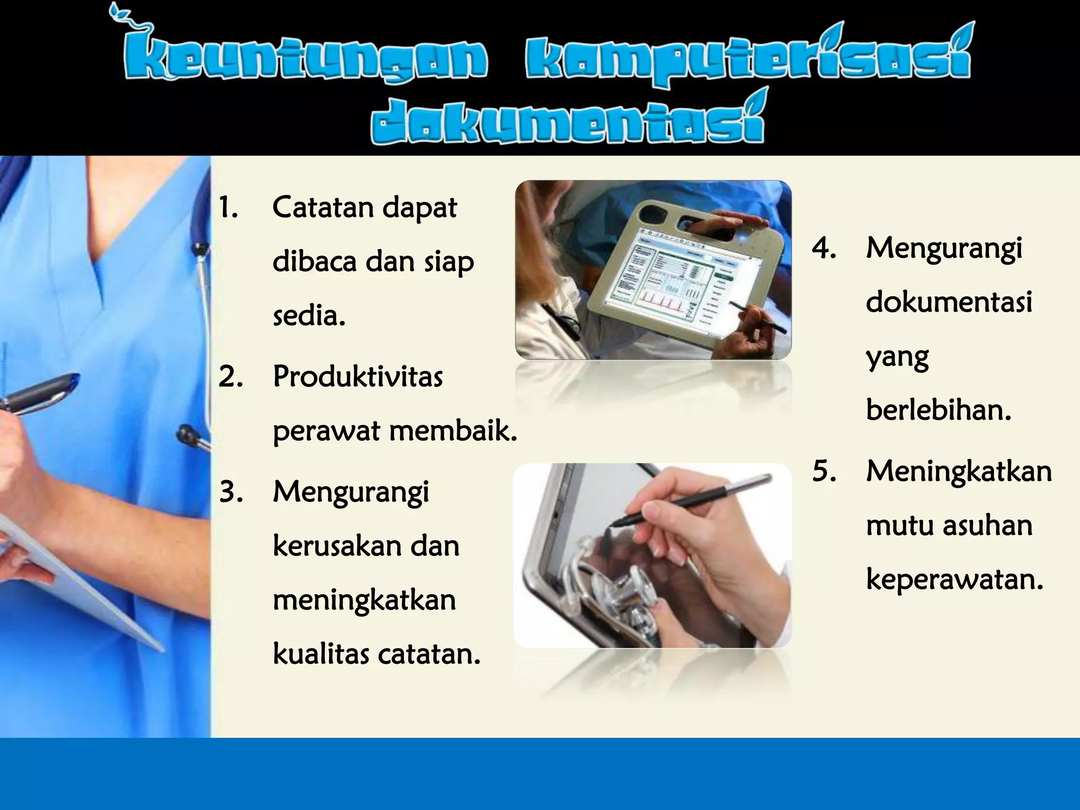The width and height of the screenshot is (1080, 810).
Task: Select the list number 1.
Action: [228, 208]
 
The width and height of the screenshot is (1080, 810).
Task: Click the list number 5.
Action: [824, 471]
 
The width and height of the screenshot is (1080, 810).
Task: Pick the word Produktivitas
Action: [358, 377]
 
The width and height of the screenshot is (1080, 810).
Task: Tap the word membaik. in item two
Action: [454, 431]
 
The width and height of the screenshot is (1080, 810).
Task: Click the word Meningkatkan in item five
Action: [959, 471]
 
